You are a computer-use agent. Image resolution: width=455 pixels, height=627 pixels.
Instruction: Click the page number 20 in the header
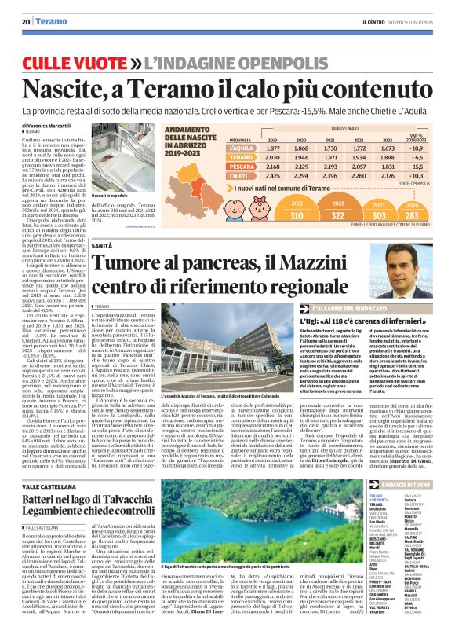pyautogui.click(x=26, y=21)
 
